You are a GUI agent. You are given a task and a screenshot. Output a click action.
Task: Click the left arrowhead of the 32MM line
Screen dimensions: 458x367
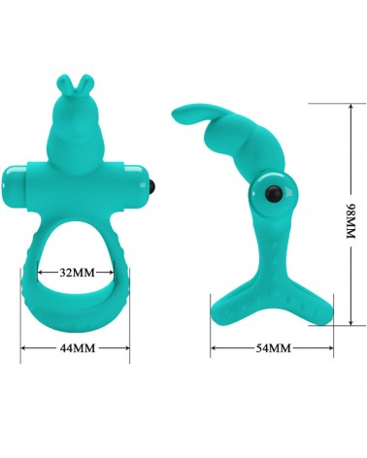[x=42, y=273]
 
